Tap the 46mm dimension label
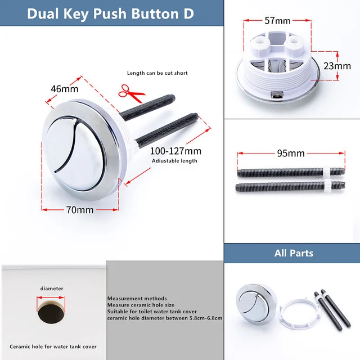click(65, 89)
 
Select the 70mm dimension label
click(80, 210)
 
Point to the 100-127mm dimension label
click(175, 151)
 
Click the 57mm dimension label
click(277, 21)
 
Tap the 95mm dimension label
click(291, 153)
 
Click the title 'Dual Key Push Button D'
click(110, 13)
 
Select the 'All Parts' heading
click(293, 253)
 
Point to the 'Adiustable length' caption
click(175, 161)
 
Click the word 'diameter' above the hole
click(51, 289)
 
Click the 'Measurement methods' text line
click(137, 298)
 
